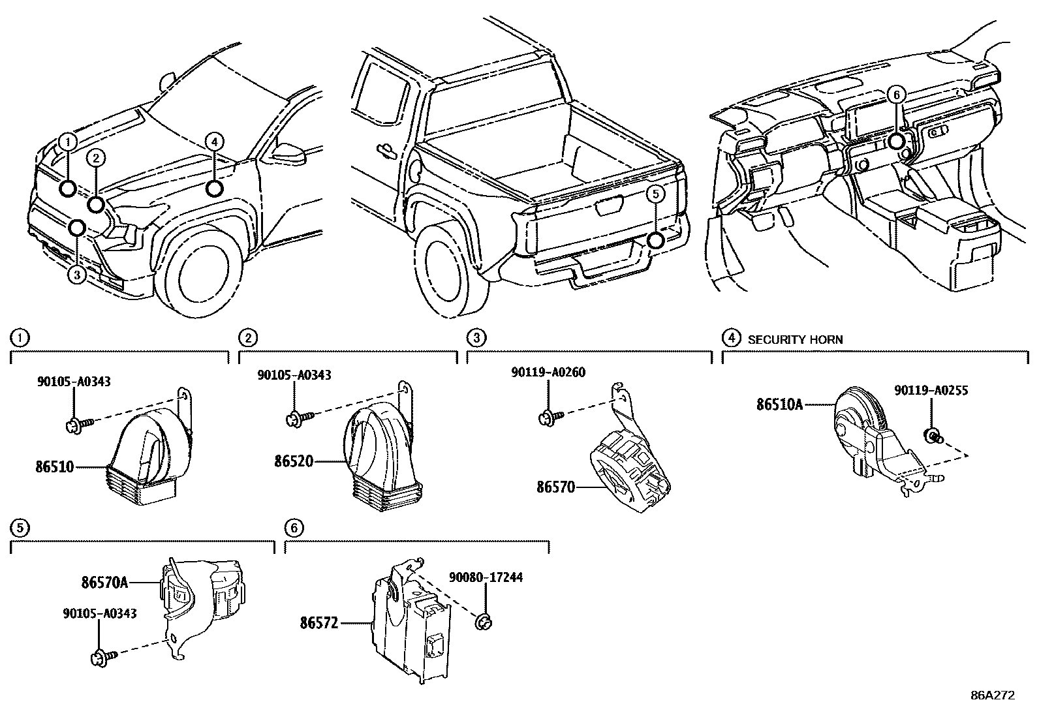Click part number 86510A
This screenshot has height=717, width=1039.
(x=779, y=404)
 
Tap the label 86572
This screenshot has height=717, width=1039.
(x=319, y=623)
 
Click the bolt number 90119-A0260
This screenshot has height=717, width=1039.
(x=548, y=373)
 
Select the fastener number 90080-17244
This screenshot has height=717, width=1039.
(x=485, y=578)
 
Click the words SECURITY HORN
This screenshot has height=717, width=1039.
(x=794, y=340)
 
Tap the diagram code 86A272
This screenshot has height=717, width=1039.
(x=993, y=695)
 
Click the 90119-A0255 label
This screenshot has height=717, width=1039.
(x=931, y=391)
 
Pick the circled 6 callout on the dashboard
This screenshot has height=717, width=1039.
(x=896, y=95)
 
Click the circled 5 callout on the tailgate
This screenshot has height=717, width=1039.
(x=656, y=193)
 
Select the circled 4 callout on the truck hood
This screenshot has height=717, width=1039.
(x=214, y=141)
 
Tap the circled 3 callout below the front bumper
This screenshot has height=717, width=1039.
(x=77, y=275)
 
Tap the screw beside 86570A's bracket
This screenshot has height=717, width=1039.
(x=103, y=654)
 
